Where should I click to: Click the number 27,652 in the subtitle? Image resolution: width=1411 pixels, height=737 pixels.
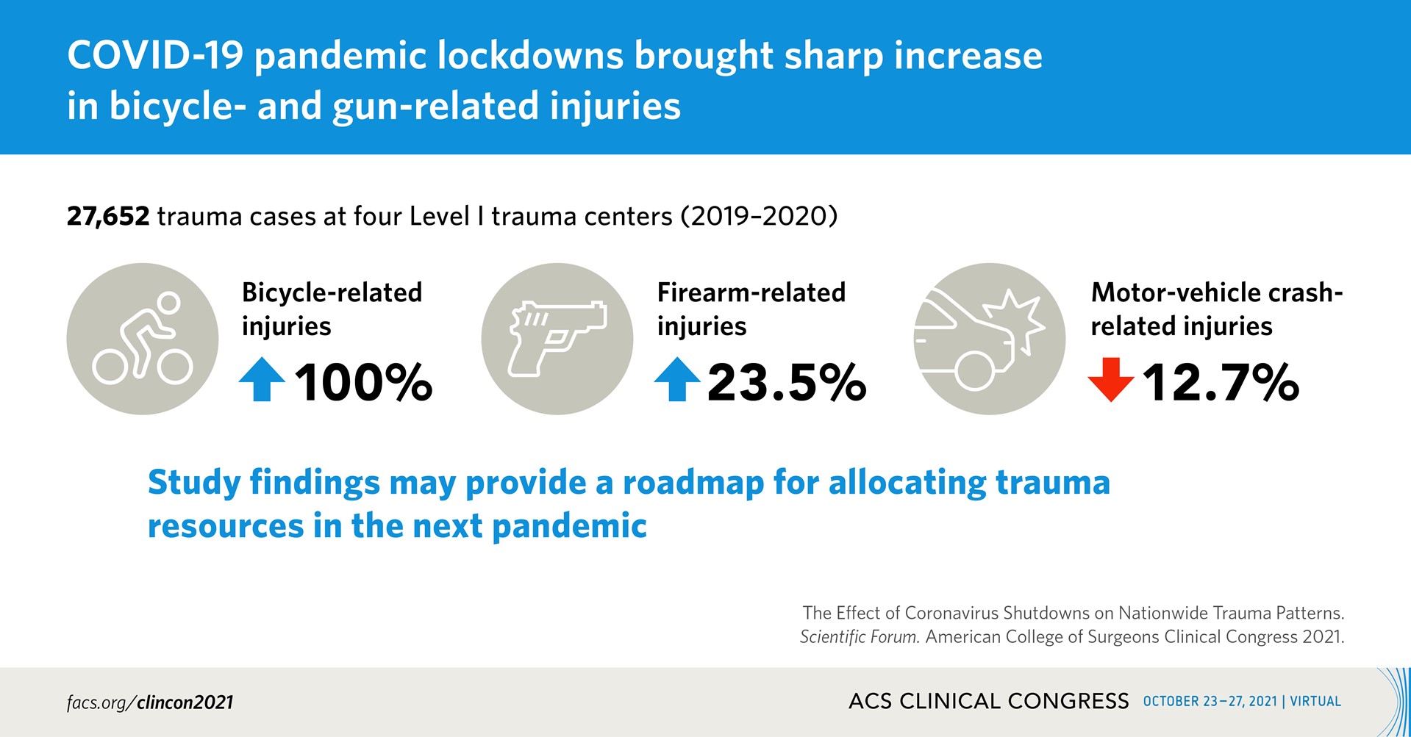coord(108,217)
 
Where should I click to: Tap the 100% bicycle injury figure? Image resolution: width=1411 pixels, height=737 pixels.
coord(363,383)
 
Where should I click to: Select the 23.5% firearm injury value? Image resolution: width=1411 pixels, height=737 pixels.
coord(787,383)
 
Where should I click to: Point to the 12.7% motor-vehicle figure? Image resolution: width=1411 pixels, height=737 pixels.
coord(1221,383)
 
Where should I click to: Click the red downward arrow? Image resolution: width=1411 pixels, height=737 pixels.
coord(1110,379)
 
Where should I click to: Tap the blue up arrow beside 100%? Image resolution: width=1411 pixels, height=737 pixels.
coord(262,379)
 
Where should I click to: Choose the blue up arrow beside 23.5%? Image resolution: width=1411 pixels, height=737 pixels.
coord(677,379)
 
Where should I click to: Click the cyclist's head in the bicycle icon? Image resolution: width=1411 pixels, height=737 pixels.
coord(169,303)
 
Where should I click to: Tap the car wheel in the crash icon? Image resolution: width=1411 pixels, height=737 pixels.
coord(974,370)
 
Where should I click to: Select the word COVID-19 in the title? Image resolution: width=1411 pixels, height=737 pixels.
coord(155,56)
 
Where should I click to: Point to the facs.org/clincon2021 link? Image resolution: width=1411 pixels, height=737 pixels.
coord(150,702)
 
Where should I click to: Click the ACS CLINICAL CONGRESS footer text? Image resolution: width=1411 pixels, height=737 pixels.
coord(988,701)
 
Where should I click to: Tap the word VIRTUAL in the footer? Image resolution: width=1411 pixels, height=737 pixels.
coord(1315,701)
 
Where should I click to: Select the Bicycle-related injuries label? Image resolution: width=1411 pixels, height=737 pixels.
coord(332,309)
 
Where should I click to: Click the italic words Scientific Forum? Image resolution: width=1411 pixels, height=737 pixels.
coord(860,637)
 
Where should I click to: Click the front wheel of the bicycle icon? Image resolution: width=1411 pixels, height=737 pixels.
coord(175,366)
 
